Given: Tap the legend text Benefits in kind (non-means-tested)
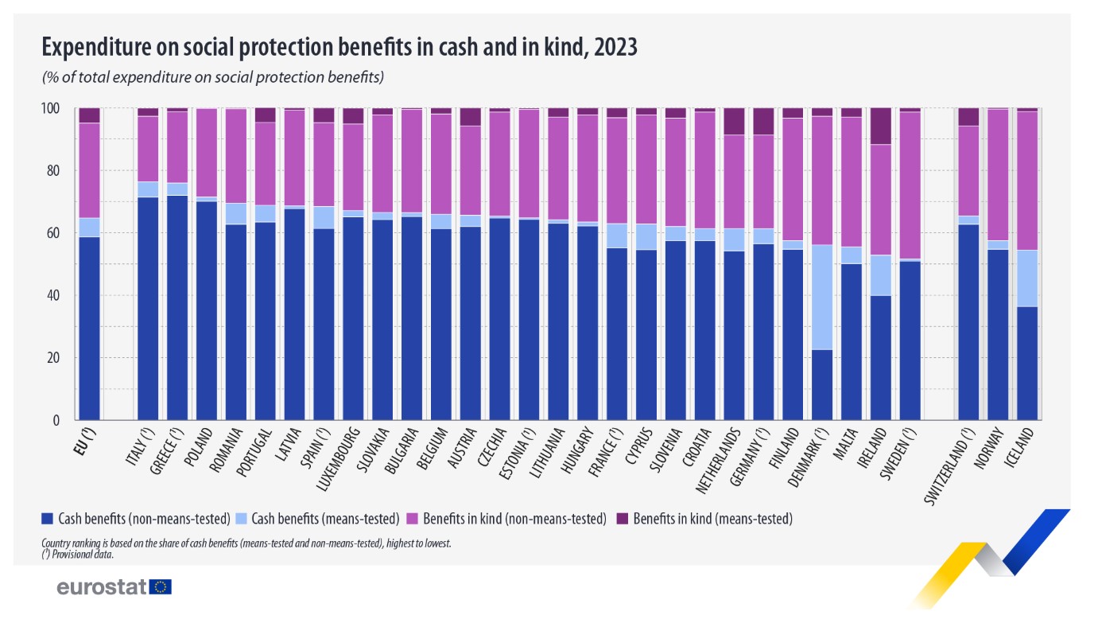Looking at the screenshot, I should [514, 519].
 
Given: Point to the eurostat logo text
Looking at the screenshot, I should [102, 587].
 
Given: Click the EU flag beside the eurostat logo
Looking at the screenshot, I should [161, 587].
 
